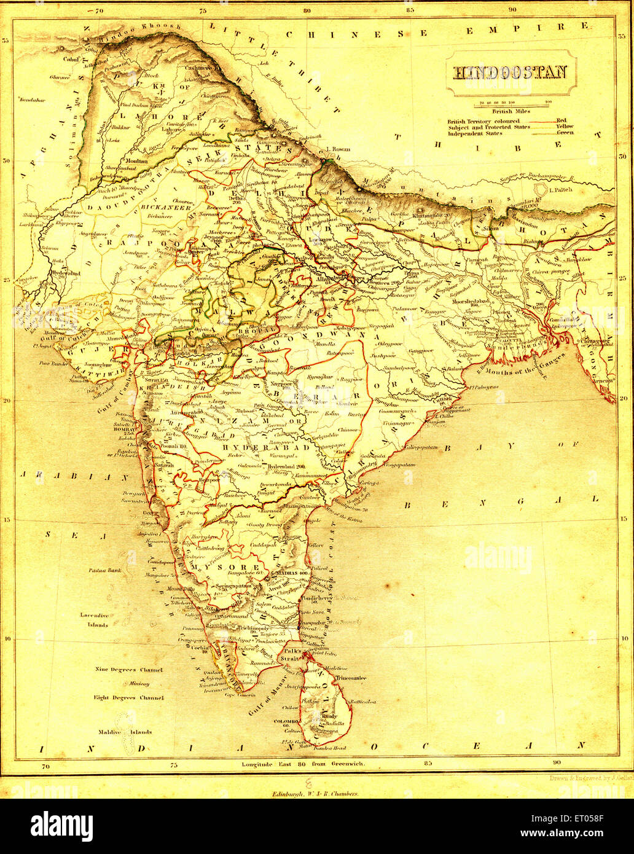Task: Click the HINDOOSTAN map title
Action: coord(510,72)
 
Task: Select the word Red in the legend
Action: coord(561,120)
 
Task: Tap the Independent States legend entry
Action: coord(475,133)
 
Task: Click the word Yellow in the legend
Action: coord(565,127)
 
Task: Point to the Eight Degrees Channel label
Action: coord(128,698)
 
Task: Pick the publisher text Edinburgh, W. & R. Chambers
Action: coord(315,793)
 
